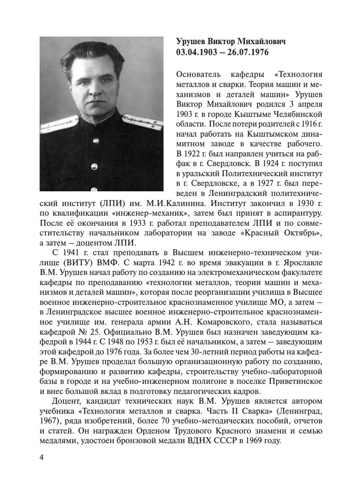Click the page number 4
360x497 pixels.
click(x=42, y=457)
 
